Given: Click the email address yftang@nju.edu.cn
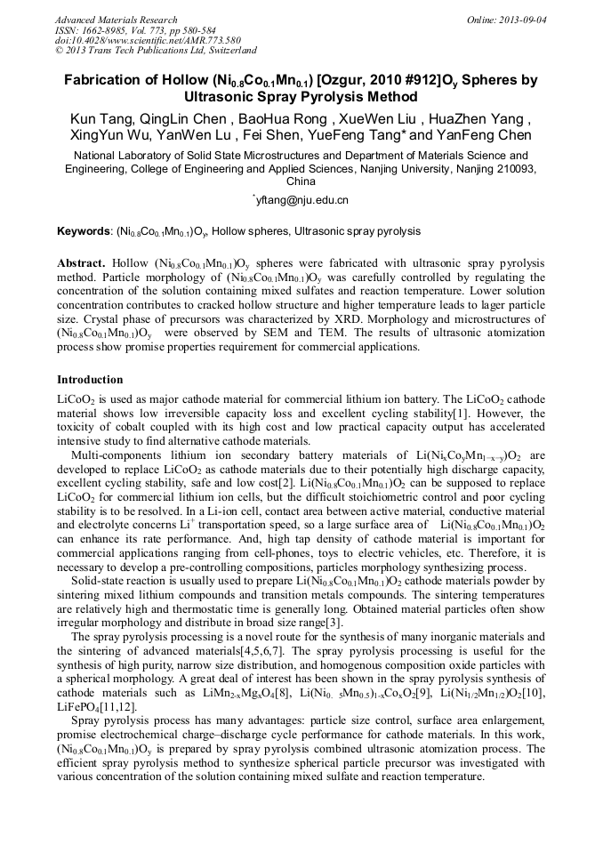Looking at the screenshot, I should pyautogui.click(x=302, y=200).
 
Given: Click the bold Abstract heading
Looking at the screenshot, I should pyautogui.click(x=82, y=264).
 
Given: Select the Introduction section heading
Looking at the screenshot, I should pyautogui.click(x=90, y=380).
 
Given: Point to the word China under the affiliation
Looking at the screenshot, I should pyautogui.click(x=301, y=181).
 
